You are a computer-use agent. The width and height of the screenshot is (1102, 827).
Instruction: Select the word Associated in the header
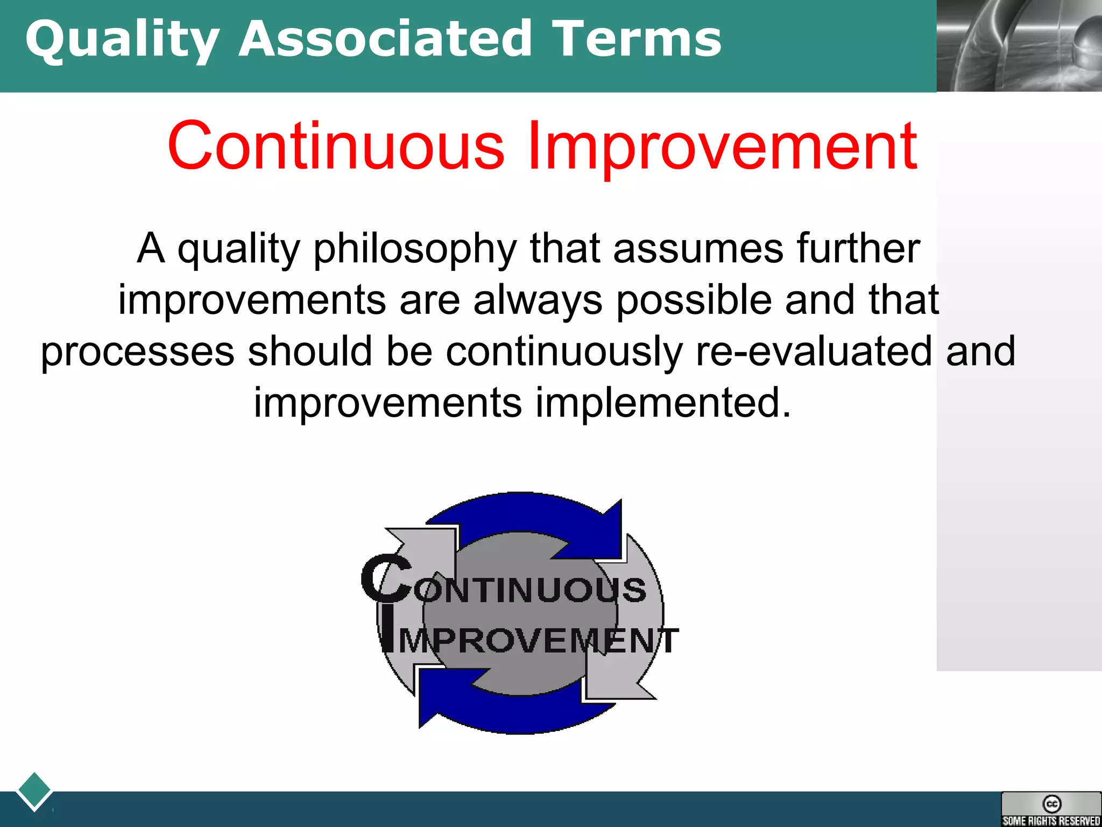[x=385, y=39]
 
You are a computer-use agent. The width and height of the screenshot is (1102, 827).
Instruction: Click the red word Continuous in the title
[x=336, y=146]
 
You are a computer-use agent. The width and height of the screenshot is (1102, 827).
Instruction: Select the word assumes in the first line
[x=698, y=249]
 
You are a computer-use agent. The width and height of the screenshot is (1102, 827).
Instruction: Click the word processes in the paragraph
[x=137, y=352]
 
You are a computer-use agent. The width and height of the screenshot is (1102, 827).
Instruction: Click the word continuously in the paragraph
[x=564, y=352]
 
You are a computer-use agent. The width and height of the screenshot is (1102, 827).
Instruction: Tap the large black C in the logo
[x=386, y=579]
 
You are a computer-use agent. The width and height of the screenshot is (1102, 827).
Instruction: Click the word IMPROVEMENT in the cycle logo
[x=538, y=641]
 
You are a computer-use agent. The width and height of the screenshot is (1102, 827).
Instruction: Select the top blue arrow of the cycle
[x=538, y=514]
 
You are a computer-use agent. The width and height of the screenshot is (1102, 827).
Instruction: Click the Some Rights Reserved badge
[x=1051, y=809]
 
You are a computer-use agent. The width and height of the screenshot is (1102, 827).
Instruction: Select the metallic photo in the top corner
[x=1019, y=46]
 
